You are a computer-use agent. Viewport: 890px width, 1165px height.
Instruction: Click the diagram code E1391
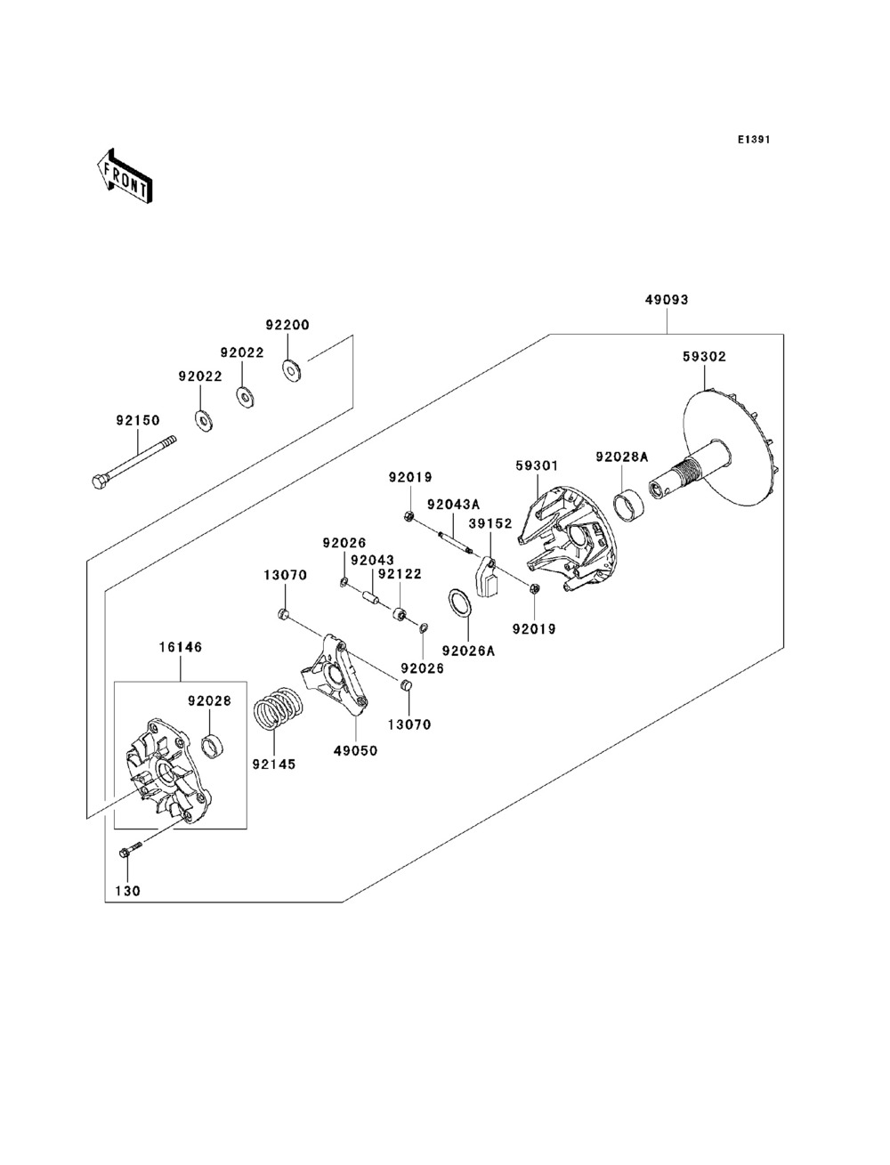coord(752,140)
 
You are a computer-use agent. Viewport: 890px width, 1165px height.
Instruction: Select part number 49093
coord(667,300)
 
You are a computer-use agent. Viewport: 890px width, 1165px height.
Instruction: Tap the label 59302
coord(704,356)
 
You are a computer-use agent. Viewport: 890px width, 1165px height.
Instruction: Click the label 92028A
coord(621,457)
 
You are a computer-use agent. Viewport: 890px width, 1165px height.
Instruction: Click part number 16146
coord(181,647)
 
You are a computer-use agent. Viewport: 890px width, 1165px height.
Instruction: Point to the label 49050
coord(356,750)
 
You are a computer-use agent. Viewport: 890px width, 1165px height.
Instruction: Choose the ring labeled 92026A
coord(458,603)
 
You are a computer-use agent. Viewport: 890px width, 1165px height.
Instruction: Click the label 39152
coord(491,523)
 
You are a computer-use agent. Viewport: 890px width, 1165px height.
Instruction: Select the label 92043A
coord(453,504)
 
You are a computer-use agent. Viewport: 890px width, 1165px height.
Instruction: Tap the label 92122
coord(399,574)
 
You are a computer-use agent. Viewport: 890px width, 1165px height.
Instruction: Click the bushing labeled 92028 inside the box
coord(214,744)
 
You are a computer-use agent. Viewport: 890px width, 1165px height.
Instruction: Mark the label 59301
coord(538,465)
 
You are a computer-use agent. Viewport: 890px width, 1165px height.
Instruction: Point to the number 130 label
coord(127,890)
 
